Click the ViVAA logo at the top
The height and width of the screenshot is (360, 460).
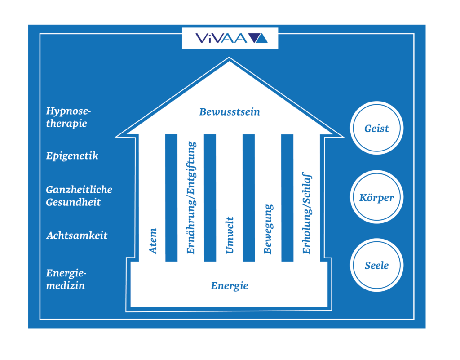230,38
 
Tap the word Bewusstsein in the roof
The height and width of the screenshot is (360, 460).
230,112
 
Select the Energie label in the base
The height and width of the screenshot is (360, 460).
230,286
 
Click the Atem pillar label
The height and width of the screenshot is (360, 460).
153,241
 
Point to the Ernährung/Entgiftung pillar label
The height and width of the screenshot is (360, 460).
191,198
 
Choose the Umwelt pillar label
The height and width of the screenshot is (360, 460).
230,236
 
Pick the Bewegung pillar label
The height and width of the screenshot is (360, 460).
268,229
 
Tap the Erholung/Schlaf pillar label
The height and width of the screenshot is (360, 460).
306,213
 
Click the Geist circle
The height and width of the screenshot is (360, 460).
376,129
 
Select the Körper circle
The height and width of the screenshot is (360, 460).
376,198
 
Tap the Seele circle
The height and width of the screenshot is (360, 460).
376,265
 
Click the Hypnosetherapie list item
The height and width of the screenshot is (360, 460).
66,117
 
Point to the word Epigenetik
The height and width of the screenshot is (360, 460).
72,156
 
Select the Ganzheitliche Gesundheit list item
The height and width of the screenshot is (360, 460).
79,196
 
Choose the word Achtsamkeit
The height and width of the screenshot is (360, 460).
77,236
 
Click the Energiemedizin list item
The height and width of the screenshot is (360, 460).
66,279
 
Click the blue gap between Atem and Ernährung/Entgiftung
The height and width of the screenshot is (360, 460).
172,198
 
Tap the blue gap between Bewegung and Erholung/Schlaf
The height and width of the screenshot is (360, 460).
287,198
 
